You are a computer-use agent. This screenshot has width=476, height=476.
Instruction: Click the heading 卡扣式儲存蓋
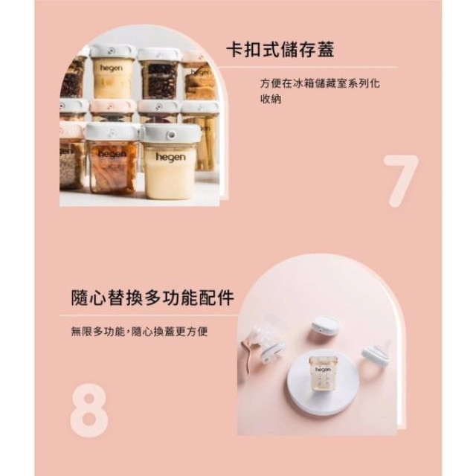pyautogui.click(x=280, y=51)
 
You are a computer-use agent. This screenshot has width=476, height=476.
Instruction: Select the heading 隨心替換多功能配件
pyautogui.click(x=149, y=299)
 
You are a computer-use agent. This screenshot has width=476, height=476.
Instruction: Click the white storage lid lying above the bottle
pyautogui.click(x=324, y=326)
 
